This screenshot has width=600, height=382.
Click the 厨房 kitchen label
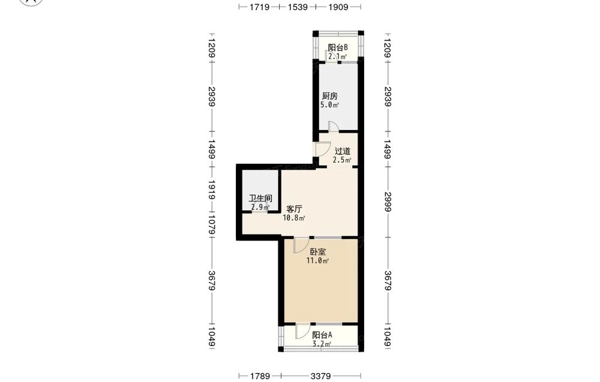[329, 95]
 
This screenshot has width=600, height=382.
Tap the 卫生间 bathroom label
[260, 198]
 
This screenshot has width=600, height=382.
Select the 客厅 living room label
[294, 209]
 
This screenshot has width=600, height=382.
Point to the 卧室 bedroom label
[317, 252]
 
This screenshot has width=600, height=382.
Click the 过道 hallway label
[343, 151]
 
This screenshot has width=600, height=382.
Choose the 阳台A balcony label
[322, 335]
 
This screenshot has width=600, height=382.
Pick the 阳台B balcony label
[337, 48]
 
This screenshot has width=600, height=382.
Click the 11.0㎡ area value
[317, 261]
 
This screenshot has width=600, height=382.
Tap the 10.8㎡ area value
[294, 218]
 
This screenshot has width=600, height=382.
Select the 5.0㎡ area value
[330, 105]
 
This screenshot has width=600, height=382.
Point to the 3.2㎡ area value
[322, 344]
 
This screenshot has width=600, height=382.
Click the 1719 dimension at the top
[260, 7]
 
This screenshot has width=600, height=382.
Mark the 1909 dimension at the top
[338, 7]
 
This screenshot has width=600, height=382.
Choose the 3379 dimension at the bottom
[320, 376]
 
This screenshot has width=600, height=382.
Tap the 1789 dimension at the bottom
[260, 376]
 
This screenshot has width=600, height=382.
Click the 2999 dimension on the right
[387, 202]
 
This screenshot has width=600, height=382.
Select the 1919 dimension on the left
[212, 190]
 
